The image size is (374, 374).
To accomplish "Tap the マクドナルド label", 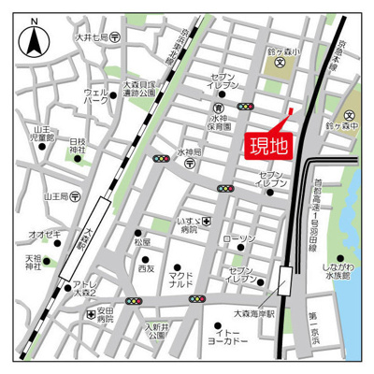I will click(x=180, y=280).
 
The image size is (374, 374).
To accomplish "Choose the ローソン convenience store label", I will click(x=240, y=239).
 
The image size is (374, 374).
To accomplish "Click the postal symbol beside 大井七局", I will click(x=114, y=38).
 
